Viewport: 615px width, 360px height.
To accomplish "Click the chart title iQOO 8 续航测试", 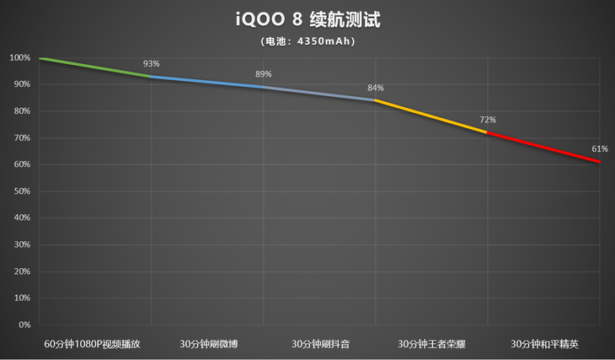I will point(307,19).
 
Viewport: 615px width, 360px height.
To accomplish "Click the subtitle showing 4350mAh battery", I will point(307,40).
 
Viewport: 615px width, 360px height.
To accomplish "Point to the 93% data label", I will point(152,64).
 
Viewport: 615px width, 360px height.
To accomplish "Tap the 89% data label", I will point(264,74).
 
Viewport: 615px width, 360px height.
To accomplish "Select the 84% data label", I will point(376,88).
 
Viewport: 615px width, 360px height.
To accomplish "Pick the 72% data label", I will point(488,120).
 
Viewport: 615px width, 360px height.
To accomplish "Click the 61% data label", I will point(600,148).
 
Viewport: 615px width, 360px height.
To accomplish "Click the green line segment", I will point(95,67).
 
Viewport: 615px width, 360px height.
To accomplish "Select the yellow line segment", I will point(431,116).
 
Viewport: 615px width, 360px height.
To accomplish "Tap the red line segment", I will point(543,148).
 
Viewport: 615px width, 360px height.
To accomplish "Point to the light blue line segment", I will point(207,82).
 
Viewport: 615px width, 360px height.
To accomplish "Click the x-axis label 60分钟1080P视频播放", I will point(95,344).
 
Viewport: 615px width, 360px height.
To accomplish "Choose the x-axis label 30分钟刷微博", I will point(208,344).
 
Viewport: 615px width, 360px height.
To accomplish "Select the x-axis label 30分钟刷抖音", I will point(320,344).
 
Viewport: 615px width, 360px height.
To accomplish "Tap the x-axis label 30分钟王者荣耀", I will point(431,344).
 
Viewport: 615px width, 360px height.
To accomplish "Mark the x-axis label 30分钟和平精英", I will point(544,344).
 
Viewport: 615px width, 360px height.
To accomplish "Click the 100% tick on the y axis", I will point(20,58).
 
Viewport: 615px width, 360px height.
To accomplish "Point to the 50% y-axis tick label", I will point(22,191).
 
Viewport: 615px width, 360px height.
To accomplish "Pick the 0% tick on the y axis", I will point(24,325).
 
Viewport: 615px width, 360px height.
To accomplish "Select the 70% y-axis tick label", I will point(22,138).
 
